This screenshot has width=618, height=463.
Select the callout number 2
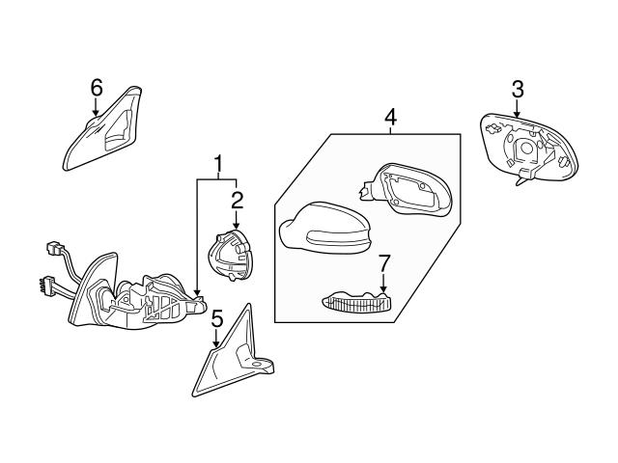(236, 200)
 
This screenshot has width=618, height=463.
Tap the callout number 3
(517, 89)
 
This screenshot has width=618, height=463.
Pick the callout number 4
(390, 118)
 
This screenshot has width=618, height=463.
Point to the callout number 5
(217, 317)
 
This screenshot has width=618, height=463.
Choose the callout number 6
(96, 87)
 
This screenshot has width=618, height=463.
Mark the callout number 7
(383, 261)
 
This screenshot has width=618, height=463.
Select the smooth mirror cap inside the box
(323, 230)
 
